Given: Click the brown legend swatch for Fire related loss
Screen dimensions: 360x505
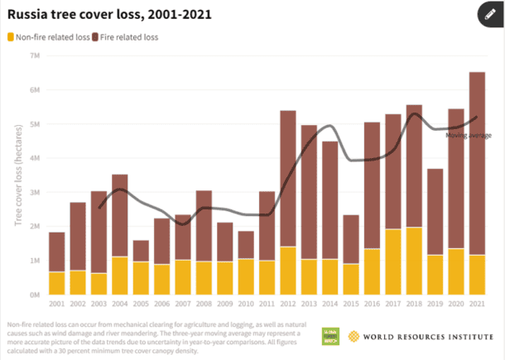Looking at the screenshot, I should [x=95, y=37].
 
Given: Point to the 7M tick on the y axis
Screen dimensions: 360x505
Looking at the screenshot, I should [x=34, y=55].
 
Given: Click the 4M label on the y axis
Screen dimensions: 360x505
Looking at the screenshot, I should [x=34, y=158].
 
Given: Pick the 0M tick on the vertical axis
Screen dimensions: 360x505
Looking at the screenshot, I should [x=34, y=295].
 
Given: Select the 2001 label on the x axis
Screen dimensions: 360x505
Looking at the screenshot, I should [x=56, y=304].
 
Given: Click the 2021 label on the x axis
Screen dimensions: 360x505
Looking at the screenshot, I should [x=477, y=304].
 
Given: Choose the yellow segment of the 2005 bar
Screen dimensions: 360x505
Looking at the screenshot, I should [x=141, y=278].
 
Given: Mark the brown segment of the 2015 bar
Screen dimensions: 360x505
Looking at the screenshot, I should [x=352, y=239].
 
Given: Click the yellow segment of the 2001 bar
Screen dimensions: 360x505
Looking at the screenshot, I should [x=56, y=283].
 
